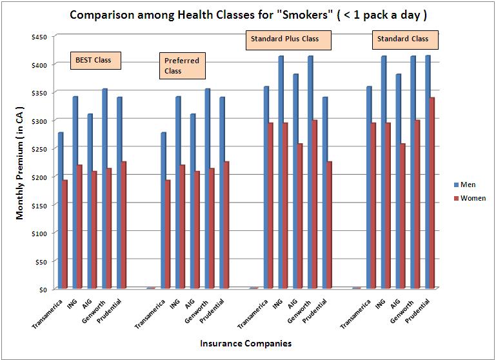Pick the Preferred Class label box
182,65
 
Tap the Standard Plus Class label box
290,39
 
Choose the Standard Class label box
405,39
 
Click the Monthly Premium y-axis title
20,163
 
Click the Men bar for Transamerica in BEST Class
61,210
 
